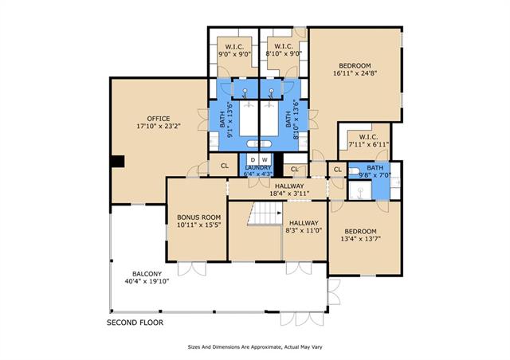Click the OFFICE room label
(159, 119)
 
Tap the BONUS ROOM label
(198, 217)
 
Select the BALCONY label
(147, 274)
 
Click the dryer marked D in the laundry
(253, 159)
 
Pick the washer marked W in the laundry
(265, 159)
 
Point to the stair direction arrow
(280, 213)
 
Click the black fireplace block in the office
(117, 162)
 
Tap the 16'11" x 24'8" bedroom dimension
(355, 73)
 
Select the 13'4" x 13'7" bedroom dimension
(360, 239)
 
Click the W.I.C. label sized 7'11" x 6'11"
(368, 137)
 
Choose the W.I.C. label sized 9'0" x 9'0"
(234, 46)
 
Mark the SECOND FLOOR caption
(135, 323)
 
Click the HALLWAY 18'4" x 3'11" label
(289, 186)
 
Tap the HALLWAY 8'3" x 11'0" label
(304, 223)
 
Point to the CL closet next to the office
(225, 166)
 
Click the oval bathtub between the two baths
(259, 143)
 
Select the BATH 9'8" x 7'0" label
(375, 168)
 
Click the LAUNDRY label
(258, 167)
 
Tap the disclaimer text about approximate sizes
(255, 347)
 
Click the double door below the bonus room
(192, 268)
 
